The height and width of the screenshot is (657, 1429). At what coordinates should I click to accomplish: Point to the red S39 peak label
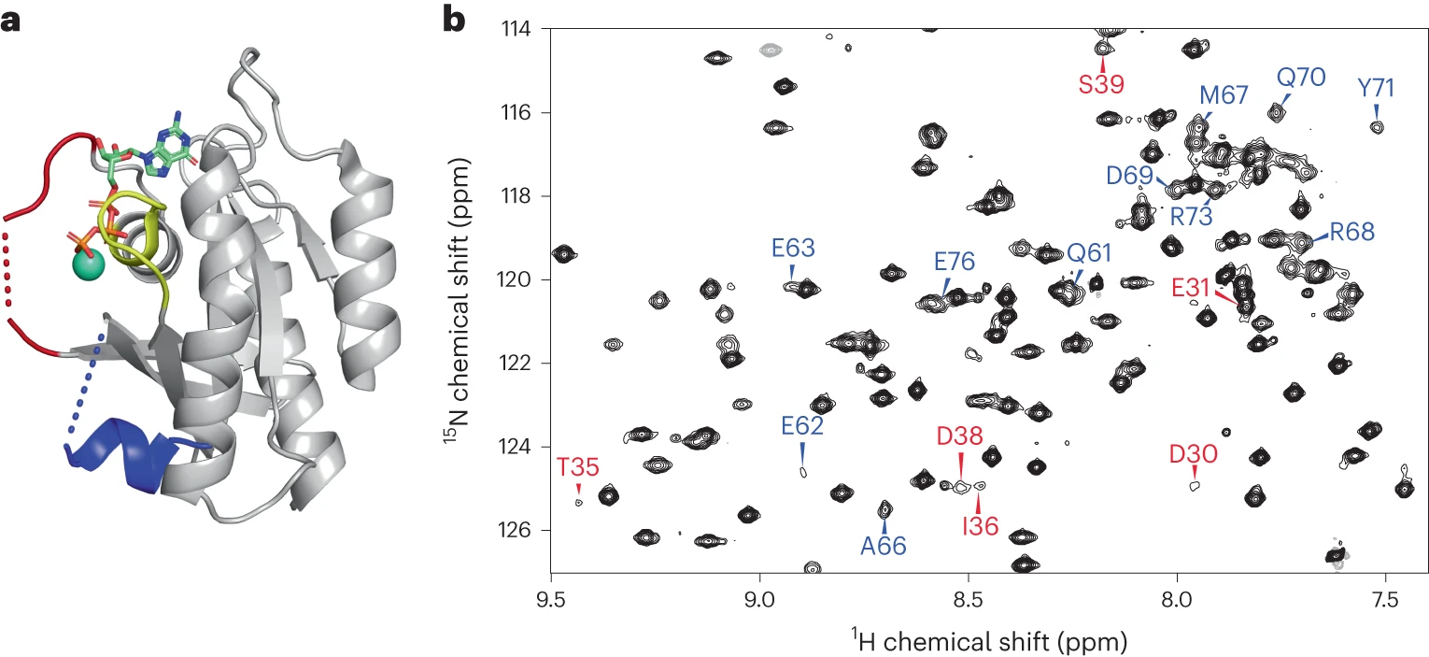click(1101, 84)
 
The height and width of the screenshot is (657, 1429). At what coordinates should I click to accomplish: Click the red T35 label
click(578, 467)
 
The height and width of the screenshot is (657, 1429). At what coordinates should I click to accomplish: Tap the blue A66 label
click(884, 547)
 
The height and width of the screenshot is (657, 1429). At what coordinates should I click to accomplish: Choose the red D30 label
click(1194, 454)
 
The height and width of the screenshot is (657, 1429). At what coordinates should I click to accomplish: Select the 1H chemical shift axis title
click(989, 640)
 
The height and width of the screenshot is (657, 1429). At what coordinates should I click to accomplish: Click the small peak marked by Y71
click(1376, 126)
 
